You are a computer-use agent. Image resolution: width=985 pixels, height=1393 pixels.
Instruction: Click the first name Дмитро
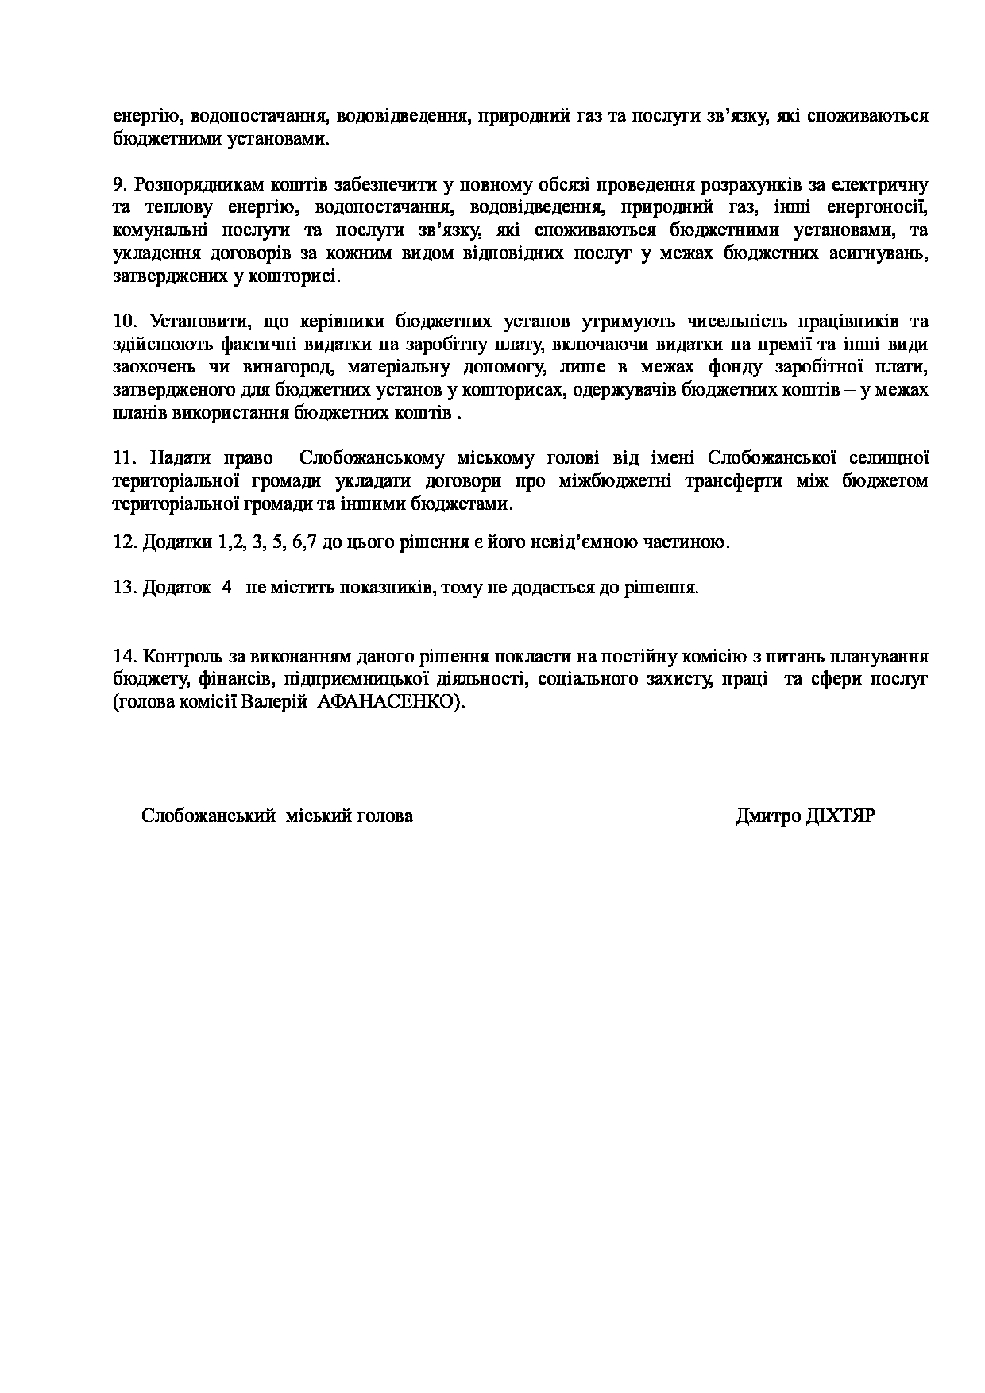pos(768,816)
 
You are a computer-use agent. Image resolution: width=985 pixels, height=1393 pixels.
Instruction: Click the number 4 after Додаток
pos(227,588)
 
